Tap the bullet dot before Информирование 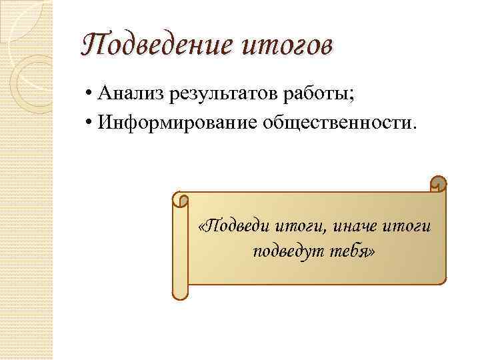(x=89, y=119)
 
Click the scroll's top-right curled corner (x=437, y=183)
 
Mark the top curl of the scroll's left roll (x=181, y=199)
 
